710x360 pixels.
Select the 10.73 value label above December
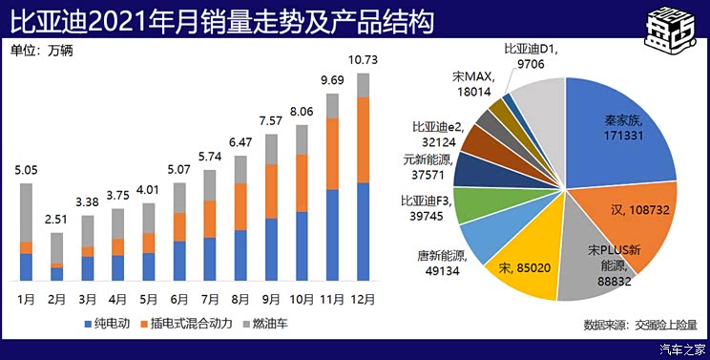362,59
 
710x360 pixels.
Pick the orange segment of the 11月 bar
332,154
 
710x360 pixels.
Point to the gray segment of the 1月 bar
26,212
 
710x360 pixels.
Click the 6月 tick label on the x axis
179,298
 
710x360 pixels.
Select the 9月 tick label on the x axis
271,298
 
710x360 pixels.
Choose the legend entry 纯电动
111,325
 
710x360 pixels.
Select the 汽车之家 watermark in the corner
681,349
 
